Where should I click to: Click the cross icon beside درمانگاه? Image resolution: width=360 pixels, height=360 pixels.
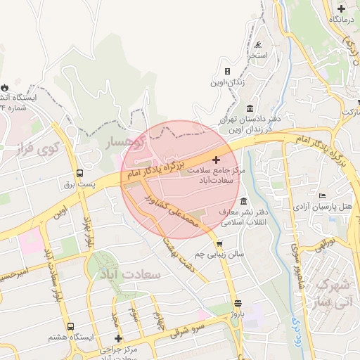click(341, 8)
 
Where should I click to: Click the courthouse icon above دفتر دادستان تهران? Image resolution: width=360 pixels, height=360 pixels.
click(251, 108)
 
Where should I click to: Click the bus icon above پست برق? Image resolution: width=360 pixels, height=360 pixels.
click(79, 173)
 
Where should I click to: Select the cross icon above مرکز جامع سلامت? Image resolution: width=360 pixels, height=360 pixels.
click(216, 160)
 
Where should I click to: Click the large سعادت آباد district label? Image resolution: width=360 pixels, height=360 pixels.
click(131, 274)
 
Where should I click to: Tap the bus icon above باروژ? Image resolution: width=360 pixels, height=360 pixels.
click(238, 303)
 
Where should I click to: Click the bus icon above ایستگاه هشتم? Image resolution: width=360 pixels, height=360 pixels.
click(70, 327)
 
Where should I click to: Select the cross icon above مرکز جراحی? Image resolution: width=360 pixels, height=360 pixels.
click(119, 339)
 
